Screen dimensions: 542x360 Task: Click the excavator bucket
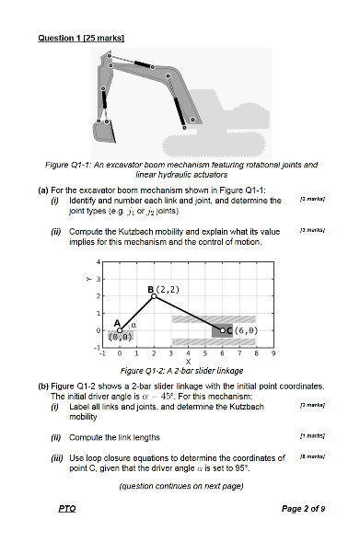102,132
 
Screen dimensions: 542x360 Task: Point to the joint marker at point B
155,296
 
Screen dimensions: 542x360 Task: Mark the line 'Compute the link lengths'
120,436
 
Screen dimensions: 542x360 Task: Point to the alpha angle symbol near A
134,324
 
